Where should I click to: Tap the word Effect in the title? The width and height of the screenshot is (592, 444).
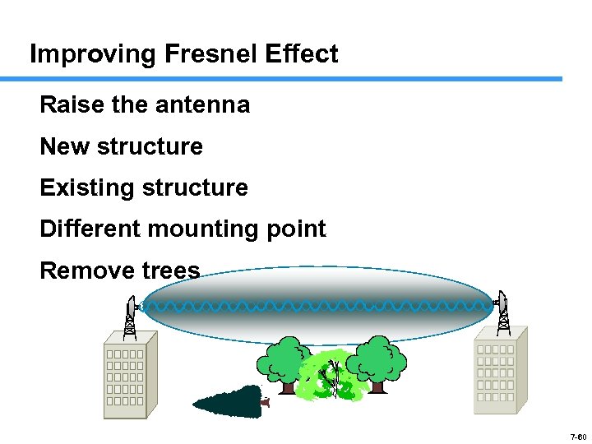302,54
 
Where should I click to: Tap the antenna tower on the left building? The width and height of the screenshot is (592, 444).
130,317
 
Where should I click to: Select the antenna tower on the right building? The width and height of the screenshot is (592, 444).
502,313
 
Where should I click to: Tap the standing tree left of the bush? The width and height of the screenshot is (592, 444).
284,362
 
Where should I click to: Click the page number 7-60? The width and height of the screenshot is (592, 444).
576,437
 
